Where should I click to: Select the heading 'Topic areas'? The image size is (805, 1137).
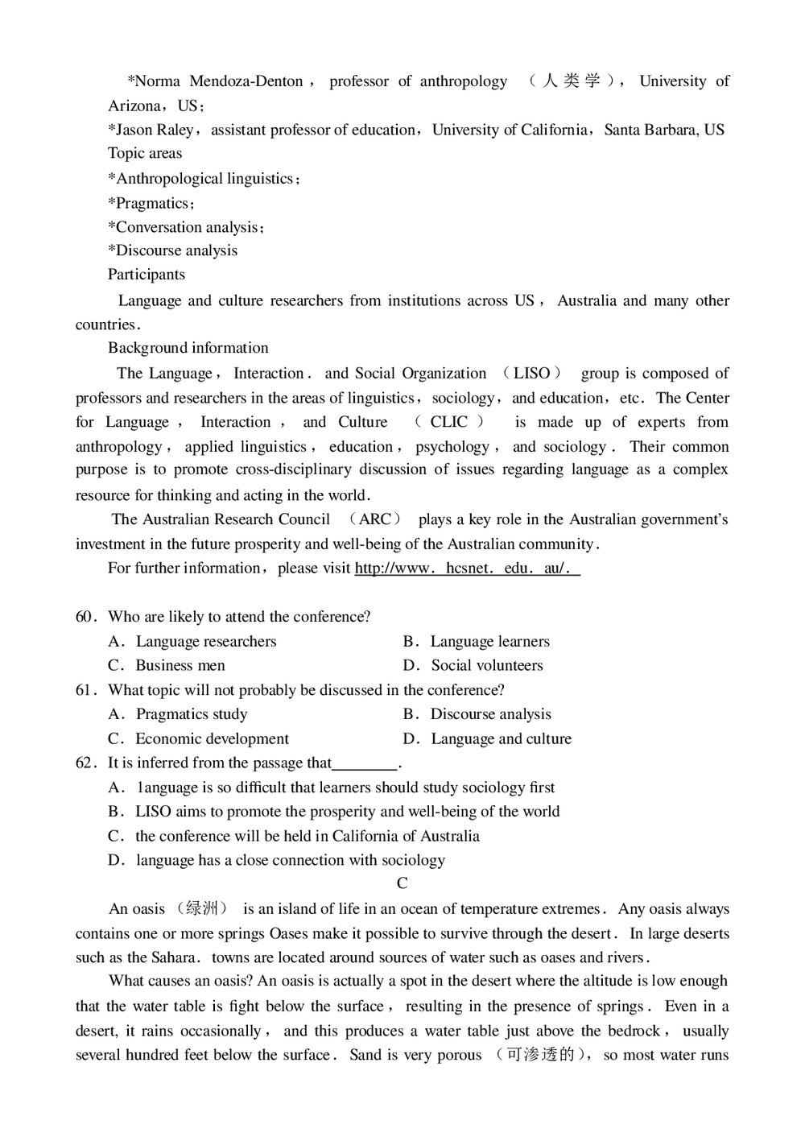pos(145,153)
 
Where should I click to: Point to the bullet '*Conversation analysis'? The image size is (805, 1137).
pos(185,227)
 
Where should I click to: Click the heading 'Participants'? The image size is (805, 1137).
pos(147,275)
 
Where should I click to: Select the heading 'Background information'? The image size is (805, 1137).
pos(188,348)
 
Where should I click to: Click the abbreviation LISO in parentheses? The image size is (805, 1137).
pos(531,374)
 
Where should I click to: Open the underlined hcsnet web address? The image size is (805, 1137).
pos(467,568)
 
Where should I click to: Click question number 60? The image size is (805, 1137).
pos(85,617)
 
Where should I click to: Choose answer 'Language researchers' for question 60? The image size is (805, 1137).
pos(205,642)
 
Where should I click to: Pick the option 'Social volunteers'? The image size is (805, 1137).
pos(486,666)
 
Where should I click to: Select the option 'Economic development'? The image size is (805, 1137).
pos(212,739)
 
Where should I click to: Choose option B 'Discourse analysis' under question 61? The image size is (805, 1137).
pos(490,714)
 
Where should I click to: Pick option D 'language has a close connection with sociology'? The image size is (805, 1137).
pos(290,861)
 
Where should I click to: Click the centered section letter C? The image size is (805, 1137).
pos(402,883)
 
